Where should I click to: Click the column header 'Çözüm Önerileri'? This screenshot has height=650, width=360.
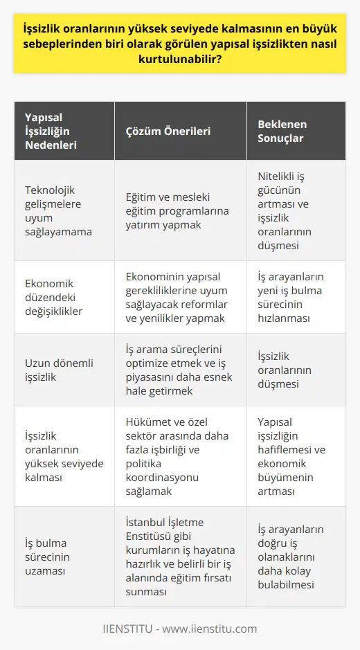click(x=168, y=131)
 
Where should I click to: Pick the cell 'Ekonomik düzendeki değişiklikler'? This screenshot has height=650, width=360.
click(x=54, y=297)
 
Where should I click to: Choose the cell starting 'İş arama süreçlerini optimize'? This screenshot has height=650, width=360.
click(x=176, y=369)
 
